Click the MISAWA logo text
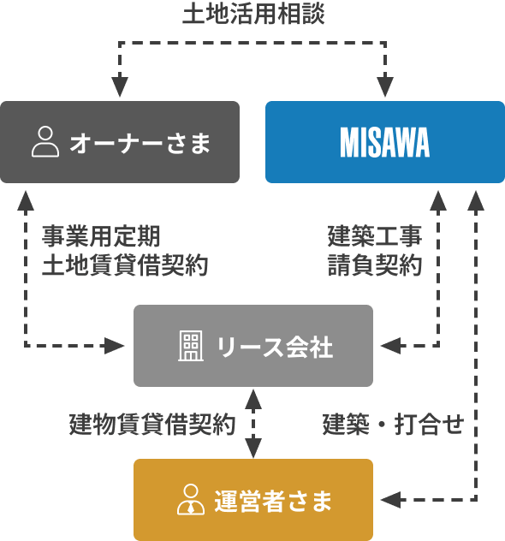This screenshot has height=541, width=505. click(x=384, y=143)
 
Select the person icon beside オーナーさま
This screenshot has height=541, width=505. click(x=45, y=142)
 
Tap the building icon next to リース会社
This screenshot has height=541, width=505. click(x=191, y=346)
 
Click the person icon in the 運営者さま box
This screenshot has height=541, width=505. click(x=189, y=500)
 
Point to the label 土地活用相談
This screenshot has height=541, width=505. click(x=253, y=15)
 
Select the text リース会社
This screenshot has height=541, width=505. click(x=274, y=347)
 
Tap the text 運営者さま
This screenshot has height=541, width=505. click(x=273, y=501)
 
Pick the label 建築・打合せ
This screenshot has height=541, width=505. click(x=393, y=424)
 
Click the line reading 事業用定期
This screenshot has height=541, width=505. click(x=101, y=236)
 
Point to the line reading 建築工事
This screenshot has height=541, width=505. click(x=375, y=236)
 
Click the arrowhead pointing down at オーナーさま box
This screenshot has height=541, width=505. click(x=120, y=87)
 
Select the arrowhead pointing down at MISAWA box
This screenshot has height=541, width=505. click(x=385, y=87)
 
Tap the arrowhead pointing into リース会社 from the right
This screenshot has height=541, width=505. click(x=389, y=346)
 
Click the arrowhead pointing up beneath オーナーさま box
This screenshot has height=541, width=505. click(x=26, y=201)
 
